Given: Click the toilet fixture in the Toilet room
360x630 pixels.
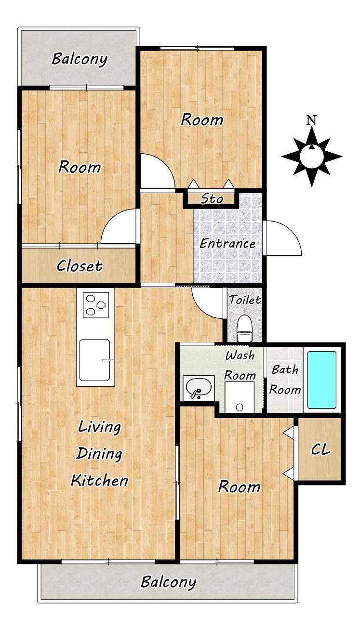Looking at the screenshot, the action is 244,328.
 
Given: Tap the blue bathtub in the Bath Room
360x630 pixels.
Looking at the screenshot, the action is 322,380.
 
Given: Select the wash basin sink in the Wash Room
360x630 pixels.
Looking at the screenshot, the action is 199,388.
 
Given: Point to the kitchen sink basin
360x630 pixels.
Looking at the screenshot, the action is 95,360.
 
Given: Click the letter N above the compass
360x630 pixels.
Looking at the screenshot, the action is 311,120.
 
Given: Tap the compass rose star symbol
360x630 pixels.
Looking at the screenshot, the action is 312,157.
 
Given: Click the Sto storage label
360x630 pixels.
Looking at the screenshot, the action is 212,199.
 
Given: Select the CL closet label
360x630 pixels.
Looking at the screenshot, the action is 320,449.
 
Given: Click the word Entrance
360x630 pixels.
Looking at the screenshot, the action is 227,244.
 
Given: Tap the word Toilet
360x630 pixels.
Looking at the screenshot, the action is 245,300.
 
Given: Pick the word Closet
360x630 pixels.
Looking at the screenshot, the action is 80,266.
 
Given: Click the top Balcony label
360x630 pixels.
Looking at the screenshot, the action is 80,59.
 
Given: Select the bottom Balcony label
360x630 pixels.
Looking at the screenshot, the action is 168,582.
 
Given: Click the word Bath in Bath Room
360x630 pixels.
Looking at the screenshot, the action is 285,369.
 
